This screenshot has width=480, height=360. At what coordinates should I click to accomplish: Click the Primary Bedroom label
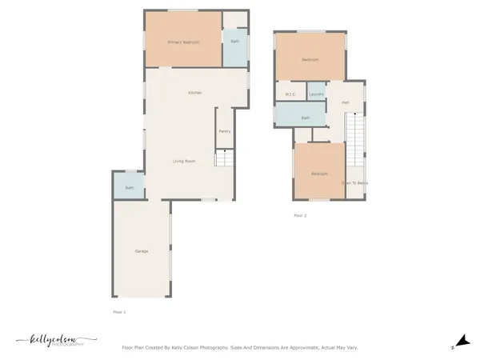pos(183,42)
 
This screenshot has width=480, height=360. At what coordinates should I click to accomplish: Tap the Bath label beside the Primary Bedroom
pos(234,42)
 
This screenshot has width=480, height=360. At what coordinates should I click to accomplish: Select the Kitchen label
pos(194,93)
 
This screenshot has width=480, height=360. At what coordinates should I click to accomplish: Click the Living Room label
pos(184,161)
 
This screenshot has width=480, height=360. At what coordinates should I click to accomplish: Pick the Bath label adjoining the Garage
pos(129,188)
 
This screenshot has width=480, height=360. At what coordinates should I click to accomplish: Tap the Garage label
pos(141,251)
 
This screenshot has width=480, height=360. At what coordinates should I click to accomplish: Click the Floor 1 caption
pos(119,310)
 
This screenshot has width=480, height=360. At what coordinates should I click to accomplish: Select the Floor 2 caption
pos(300,215)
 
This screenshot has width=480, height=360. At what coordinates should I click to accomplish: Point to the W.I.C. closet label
pos(291,95)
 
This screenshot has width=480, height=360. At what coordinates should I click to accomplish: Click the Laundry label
pos(316,95)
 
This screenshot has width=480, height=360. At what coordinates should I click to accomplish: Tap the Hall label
pos(345,102)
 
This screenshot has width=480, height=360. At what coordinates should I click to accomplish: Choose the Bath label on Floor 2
pos(305,118)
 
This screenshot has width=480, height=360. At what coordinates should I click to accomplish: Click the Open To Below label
pos(354,182)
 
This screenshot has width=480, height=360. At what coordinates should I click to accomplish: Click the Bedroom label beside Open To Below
pos(318,174)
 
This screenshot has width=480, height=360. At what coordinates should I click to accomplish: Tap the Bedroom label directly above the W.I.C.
pos(310,60)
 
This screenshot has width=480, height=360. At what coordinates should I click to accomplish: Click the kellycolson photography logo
pos(53,340)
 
